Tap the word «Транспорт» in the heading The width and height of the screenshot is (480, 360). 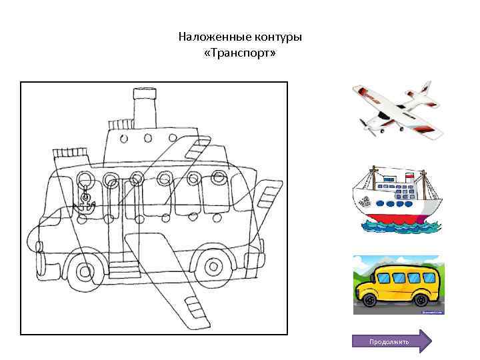(240, 53)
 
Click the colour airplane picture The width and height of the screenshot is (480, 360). (398, 110)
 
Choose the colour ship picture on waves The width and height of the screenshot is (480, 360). (397, 199)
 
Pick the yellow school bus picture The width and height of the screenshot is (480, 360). (398, 285)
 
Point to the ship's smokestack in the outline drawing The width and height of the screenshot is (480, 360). (145, 108)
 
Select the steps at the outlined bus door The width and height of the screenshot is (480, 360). (125, 270)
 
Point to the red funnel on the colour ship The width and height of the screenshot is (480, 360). (409, 177)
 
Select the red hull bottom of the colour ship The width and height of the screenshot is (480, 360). (395, 218)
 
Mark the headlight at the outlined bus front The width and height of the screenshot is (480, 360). (39, 247)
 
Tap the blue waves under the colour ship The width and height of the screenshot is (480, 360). (401, 227)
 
